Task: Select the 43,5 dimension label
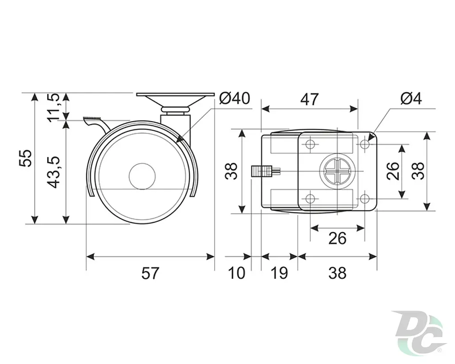point(54,172)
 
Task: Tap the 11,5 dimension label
point(54,108)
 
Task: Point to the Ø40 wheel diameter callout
point(235,98)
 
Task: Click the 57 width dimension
point(150,273)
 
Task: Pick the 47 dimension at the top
point(309,100)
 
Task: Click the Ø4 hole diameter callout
point(411,98)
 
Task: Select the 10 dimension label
point(236,273)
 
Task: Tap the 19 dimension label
point(279,273)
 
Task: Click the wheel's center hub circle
point(142,176)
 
